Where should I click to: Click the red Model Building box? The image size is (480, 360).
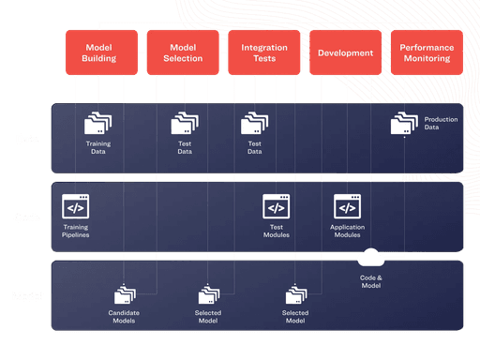coord(100,52)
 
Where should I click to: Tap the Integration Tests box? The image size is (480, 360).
coord(264,52)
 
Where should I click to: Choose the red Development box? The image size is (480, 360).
coord(345,52)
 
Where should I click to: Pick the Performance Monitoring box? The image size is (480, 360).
coord(425,52)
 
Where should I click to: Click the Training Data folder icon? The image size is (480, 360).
coord(97,124)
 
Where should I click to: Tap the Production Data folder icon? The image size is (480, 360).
coord(404,124)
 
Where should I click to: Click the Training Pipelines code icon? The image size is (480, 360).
coord(75,206)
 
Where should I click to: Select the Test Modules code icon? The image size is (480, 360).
coord(276,206)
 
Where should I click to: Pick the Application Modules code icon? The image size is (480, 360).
coord(347,206)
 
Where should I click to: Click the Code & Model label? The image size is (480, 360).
coord(371,280)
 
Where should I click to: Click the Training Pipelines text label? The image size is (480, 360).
coord(76,231)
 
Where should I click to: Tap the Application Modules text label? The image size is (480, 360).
coord(347,231)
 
